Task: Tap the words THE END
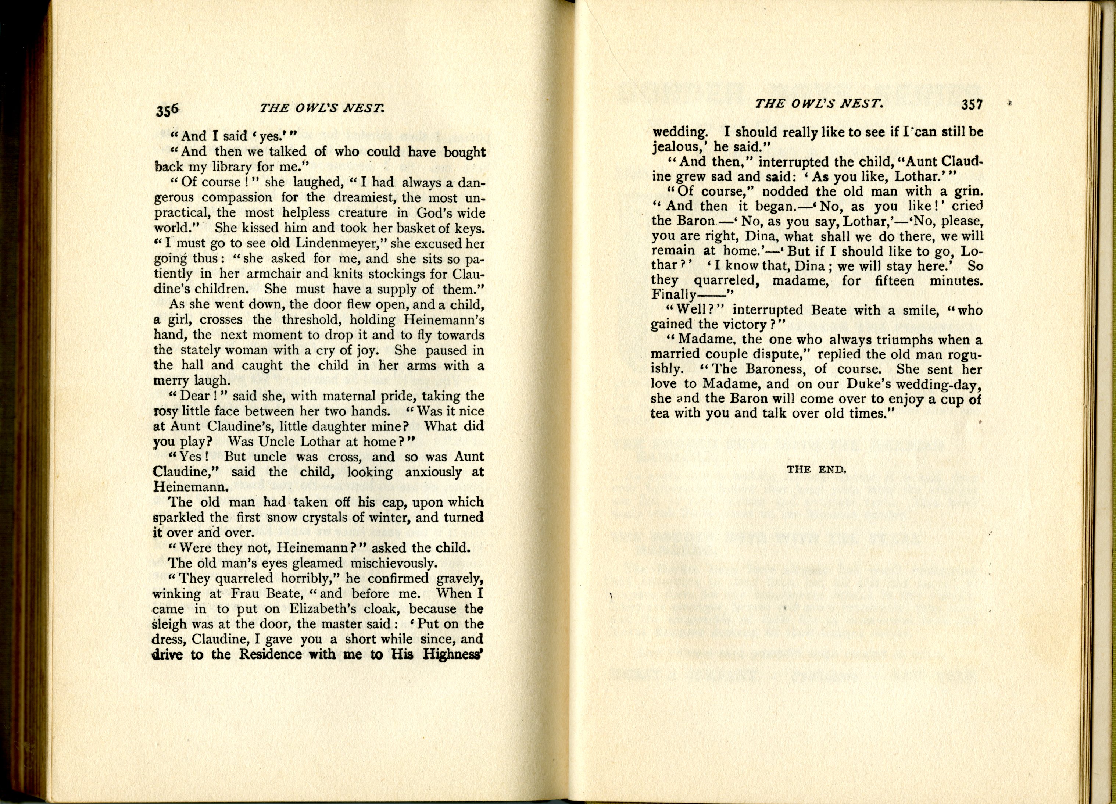(816, 469)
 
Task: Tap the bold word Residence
(270, 654)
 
